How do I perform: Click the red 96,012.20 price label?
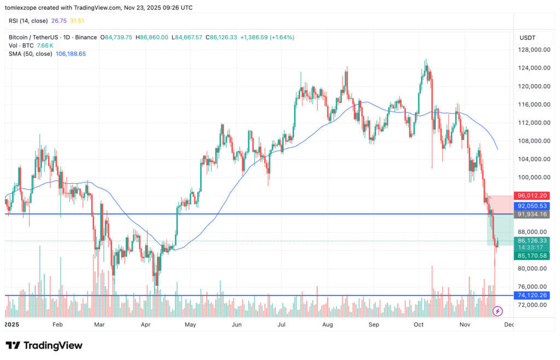(532, 195)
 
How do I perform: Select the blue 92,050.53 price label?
(532, 206)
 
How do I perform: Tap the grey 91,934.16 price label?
(532, 214)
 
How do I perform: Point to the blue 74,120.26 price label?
(532, 295)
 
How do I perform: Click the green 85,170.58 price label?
(532, 256)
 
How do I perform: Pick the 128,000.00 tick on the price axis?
(534, 50)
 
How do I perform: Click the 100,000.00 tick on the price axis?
(534, 177)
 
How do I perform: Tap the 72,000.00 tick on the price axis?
(534, 305)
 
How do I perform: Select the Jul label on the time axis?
(282, 324)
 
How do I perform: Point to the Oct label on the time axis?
(419, 324)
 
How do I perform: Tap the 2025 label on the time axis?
(12, 324)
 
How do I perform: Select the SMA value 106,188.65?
(71, 54)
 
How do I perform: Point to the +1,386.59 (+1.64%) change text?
(267, 37)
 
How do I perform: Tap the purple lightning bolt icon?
(498, 311)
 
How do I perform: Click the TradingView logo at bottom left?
(44, 345)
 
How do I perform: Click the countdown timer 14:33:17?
(532, 248)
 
